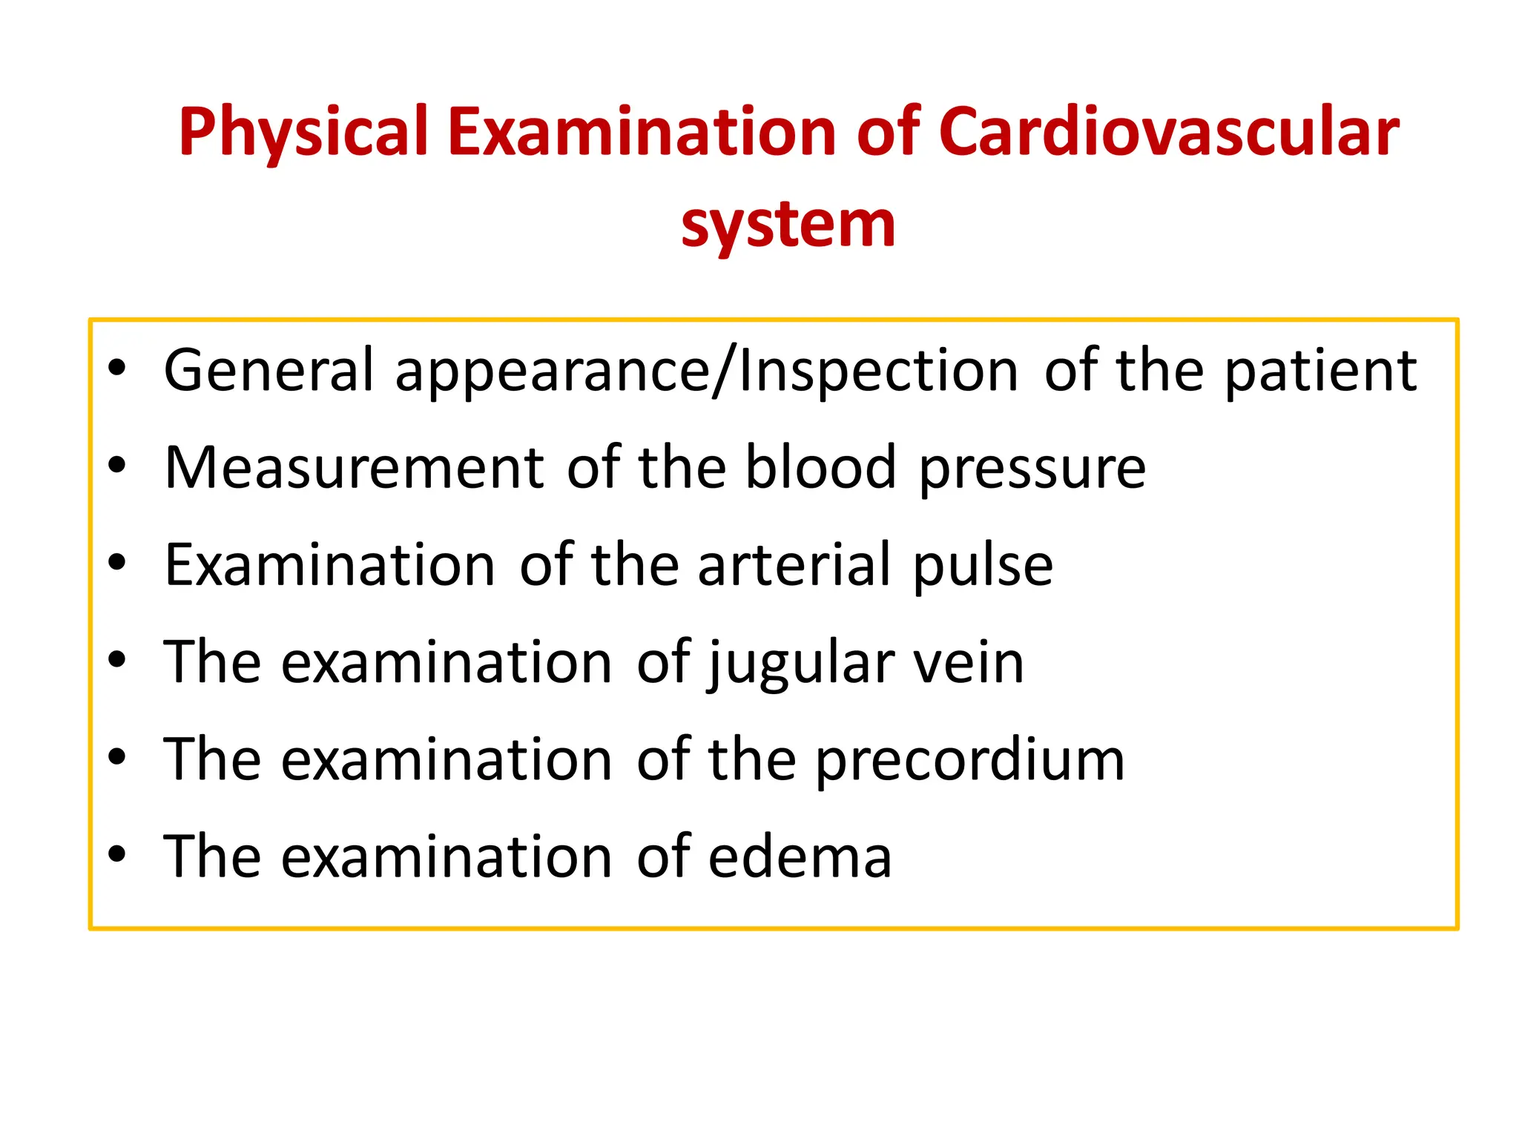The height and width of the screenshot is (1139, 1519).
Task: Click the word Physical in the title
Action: click(303, 133)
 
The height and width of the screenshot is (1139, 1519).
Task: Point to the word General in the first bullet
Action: click(268, 370)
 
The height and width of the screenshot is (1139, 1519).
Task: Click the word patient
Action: click(1320, 370)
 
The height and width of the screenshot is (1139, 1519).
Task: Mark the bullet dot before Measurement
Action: click(117, 466)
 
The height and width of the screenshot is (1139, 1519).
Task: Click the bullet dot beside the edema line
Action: click(117, 854)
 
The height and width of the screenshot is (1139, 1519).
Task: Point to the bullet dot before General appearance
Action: click(117, 369)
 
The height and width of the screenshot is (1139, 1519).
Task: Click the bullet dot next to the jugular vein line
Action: click(117, 660)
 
